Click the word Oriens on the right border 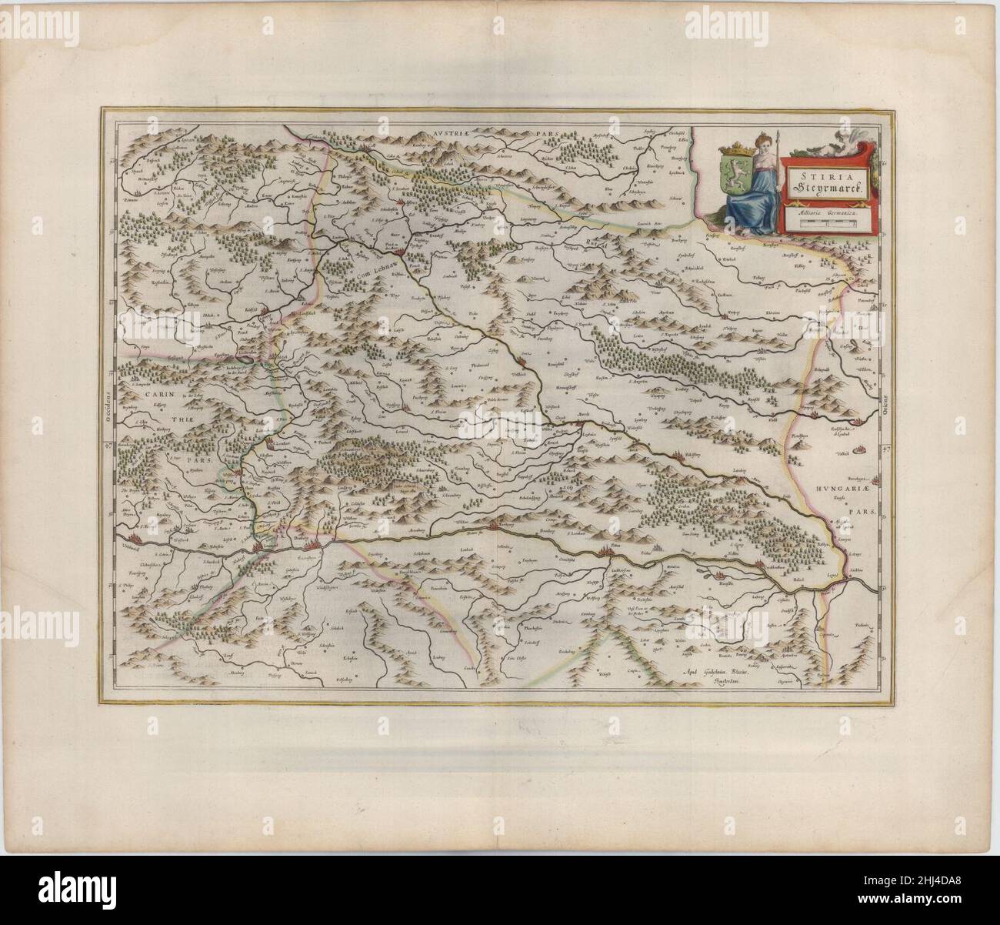tap(886, 400)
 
